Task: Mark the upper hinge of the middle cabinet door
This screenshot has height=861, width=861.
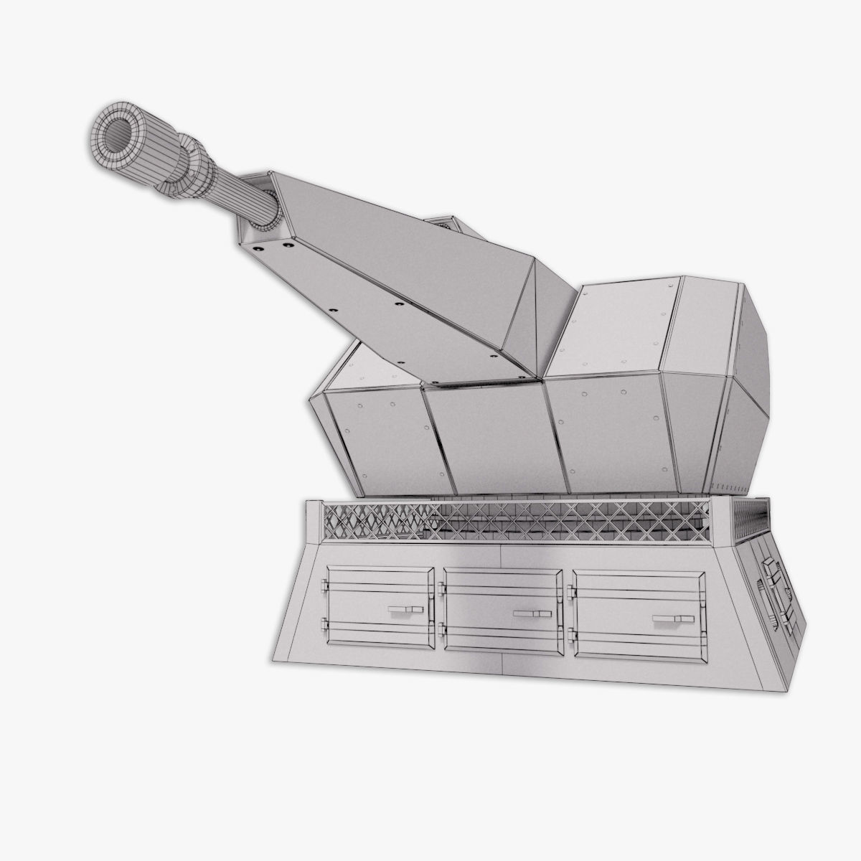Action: [441, 589]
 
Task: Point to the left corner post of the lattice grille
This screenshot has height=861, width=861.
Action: [314, 522]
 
